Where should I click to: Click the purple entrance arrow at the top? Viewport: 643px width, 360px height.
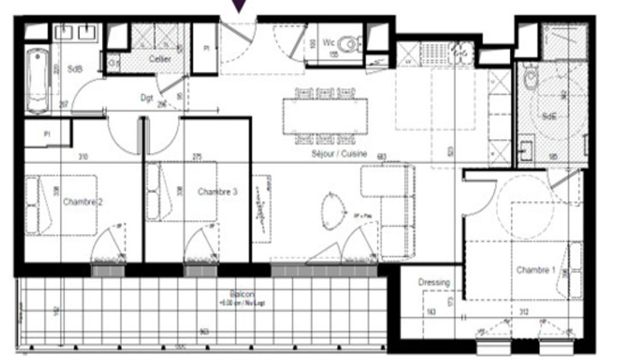(x=239, y=6)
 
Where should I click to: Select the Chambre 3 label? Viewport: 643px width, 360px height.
(x=218, y=192)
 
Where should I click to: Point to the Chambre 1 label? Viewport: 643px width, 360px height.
(x=536, y=270)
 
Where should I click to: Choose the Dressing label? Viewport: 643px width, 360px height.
(x=434, y=283)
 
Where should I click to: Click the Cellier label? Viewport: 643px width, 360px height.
(x=159, y=59)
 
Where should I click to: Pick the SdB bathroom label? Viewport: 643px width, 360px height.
(x=75, y=69)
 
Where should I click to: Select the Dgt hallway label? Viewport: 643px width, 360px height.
(x=147, y=98)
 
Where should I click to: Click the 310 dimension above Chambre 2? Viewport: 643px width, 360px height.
(x=83, y=157)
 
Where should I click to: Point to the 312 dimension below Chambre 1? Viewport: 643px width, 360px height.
(x=522, y=312)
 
